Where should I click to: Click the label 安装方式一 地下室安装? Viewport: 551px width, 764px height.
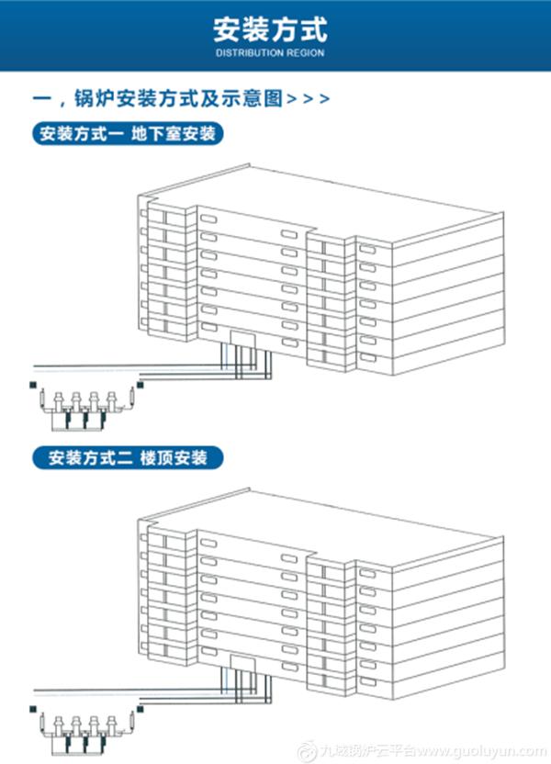(128, 135)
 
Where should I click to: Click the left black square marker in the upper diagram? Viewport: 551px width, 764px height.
(32, 386)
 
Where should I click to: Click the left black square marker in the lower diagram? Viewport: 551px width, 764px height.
(32, 708)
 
